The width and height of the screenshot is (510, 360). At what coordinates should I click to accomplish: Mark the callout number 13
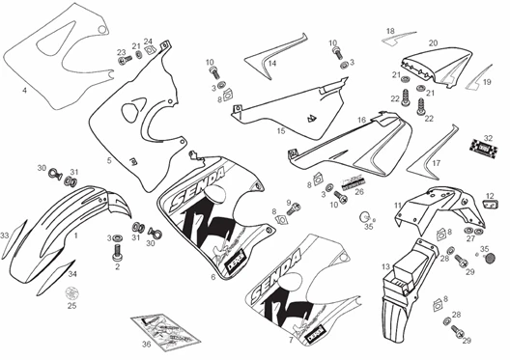(385, 265)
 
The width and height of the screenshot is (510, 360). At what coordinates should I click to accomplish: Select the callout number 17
(436, 163)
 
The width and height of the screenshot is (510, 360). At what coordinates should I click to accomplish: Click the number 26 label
(359, 192)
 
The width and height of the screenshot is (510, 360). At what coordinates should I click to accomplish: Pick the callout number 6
(212, 276)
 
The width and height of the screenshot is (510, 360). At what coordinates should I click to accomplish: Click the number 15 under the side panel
(281, 129)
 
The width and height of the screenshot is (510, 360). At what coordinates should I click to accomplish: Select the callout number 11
(398, 205)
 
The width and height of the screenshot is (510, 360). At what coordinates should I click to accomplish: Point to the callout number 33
(5, 235)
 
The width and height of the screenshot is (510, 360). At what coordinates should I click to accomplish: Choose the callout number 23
(121, 53)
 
